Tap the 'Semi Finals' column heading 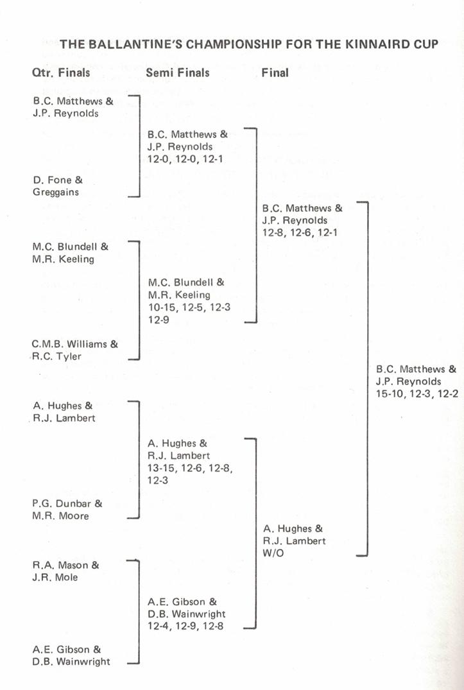click(178, 73)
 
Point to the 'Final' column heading click(275, 73)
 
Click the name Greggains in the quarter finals click(55, 191)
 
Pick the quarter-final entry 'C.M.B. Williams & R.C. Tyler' click(74, 350)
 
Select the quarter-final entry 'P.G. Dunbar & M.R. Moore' click(67, 510)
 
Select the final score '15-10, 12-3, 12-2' click(417, 393)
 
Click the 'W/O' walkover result click(273, 553)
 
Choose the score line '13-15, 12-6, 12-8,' click(190, 467)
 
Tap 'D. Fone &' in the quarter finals click(57, 180)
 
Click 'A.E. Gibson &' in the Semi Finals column click(182, 601)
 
